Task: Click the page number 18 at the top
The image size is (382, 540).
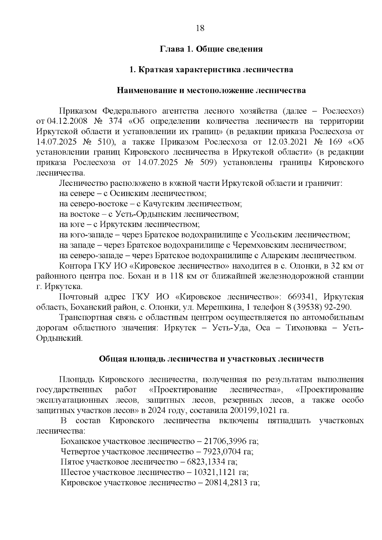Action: point(200,28)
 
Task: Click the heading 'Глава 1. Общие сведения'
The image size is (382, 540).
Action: point(211,49)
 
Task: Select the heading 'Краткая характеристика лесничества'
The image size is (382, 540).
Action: point(216,70)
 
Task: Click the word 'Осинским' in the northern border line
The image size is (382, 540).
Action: point(127,193)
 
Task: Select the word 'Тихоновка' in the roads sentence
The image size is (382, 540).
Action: point(308,328)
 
